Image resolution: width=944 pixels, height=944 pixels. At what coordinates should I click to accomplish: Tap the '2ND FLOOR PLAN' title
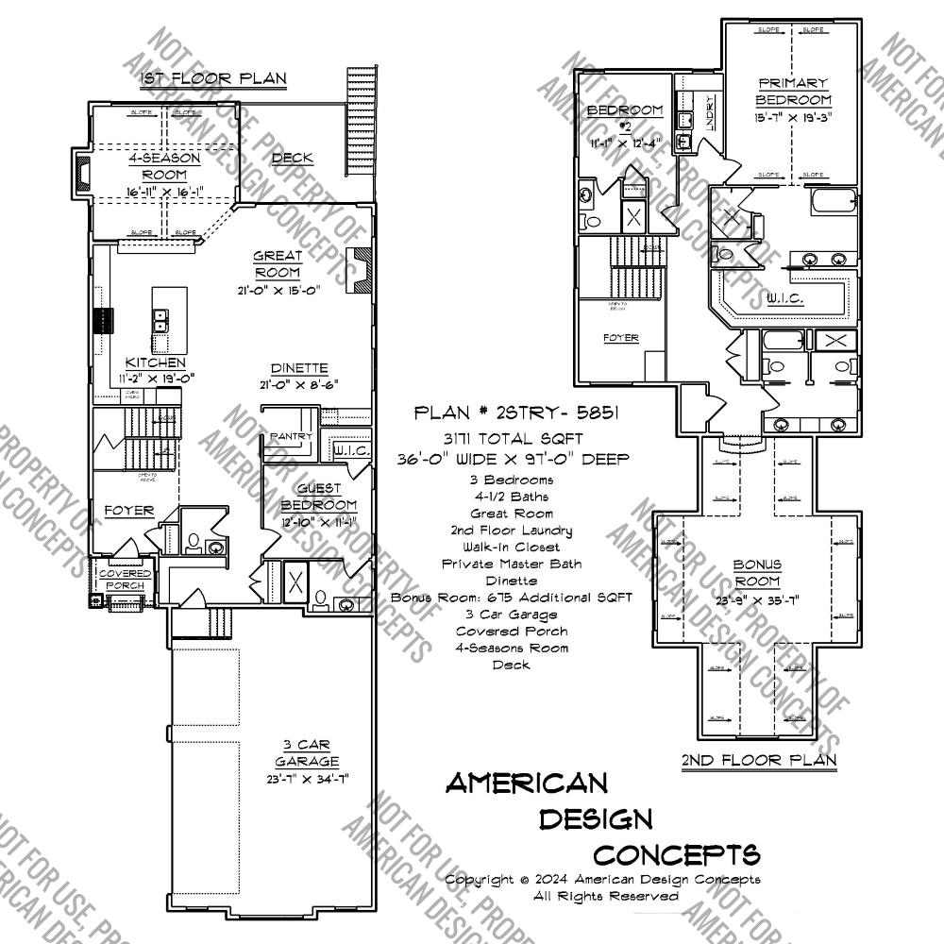point(758,759)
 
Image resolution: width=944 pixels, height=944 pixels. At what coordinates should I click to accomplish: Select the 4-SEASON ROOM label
point(164,167)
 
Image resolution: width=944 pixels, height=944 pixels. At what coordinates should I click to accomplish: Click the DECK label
point(293,158)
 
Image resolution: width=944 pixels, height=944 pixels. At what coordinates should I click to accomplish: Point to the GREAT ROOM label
point(278,264)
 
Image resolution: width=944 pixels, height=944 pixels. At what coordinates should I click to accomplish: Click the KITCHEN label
point(156,362)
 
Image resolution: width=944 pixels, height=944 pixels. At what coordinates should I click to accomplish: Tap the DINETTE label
point(298,368)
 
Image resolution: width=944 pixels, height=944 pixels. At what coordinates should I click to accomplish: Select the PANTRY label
point(291,436)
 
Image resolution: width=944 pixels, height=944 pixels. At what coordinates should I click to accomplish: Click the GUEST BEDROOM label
point(327,497)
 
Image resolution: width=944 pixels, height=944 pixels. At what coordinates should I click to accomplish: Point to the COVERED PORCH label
point(125,580)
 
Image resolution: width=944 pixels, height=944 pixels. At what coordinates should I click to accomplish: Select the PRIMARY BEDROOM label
point(793,92)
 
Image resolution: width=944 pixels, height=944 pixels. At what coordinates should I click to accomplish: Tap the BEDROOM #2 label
point(625,118)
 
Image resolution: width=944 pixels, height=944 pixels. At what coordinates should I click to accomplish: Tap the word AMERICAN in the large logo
point(526,783)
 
